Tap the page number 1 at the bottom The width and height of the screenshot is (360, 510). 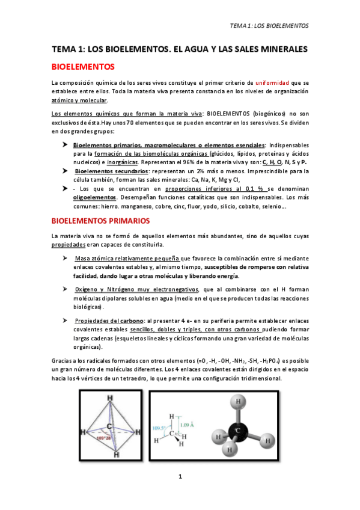180,476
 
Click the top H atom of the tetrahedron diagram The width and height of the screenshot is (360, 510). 109,398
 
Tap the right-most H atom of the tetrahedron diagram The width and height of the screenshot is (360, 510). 140,433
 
